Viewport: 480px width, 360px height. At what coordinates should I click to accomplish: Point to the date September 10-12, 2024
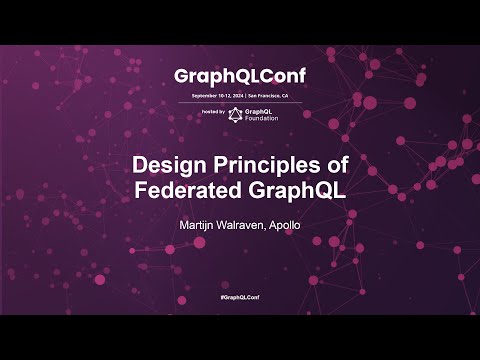[x=214, y=95]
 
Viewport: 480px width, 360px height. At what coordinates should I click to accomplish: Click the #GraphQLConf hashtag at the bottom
[x=240, y=298]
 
